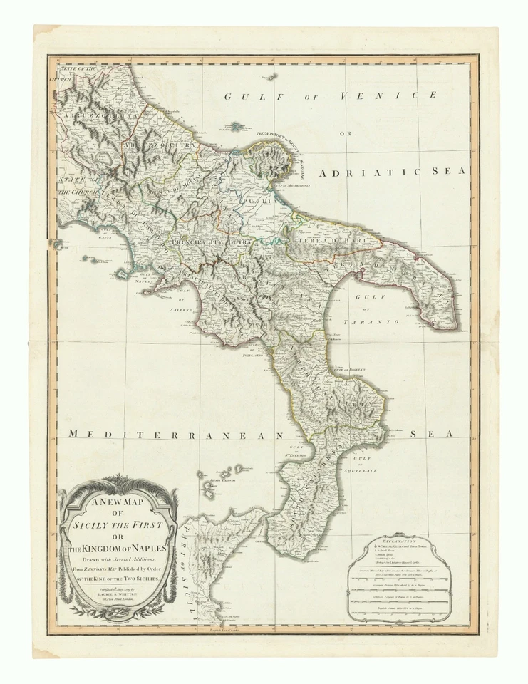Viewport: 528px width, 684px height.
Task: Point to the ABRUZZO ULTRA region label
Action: [x=88, y=115]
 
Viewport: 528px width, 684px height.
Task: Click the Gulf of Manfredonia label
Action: [x=291, y=185]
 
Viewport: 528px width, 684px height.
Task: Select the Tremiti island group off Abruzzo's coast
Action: [x=235, y=126]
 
